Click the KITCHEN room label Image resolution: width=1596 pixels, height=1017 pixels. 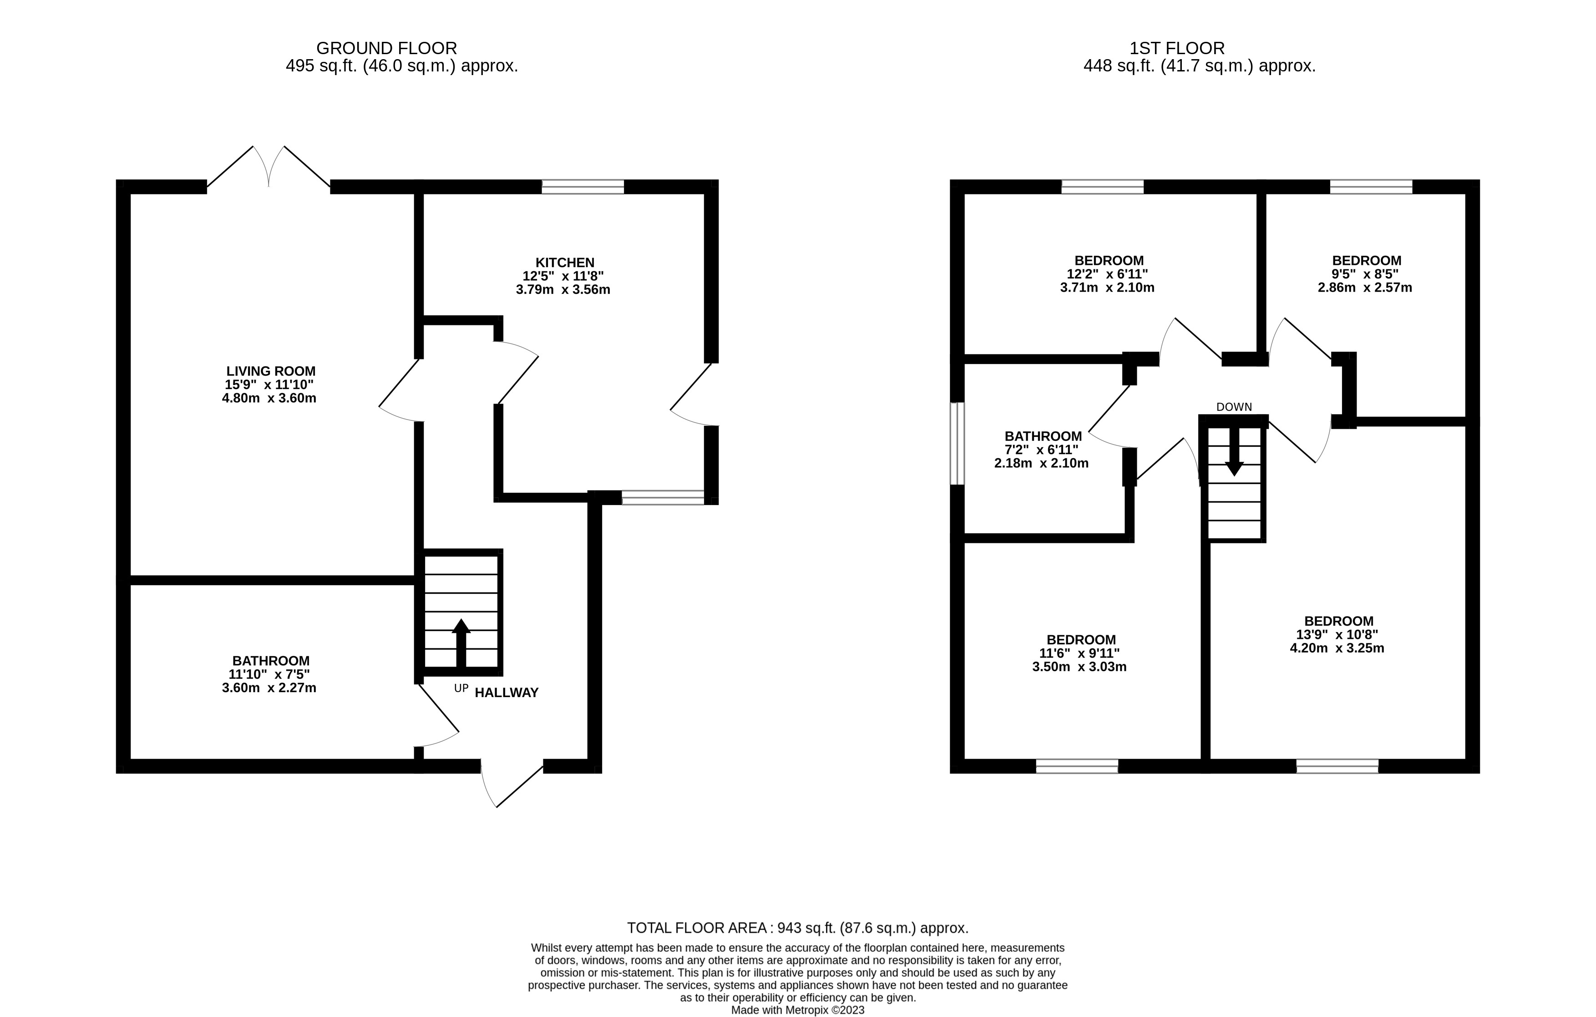pos(565,263)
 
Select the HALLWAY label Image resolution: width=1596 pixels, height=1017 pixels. pos(507,693)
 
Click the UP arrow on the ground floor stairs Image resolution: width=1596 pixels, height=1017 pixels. pos(461,643)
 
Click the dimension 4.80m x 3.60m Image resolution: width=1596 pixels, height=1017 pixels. pos(269,398)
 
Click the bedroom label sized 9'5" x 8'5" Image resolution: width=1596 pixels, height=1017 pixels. pos(1367,260)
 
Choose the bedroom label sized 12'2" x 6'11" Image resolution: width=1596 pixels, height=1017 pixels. pos(1109,260)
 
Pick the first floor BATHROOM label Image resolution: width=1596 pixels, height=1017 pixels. pos(1043,436)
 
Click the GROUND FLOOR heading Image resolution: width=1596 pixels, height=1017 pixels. pos(386,48)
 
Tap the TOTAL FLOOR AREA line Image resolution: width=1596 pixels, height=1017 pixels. pos(797,927)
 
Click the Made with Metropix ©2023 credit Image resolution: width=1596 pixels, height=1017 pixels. pos(797,1010)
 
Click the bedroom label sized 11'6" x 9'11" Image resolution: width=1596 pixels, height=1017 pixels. pos(1081,639)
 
